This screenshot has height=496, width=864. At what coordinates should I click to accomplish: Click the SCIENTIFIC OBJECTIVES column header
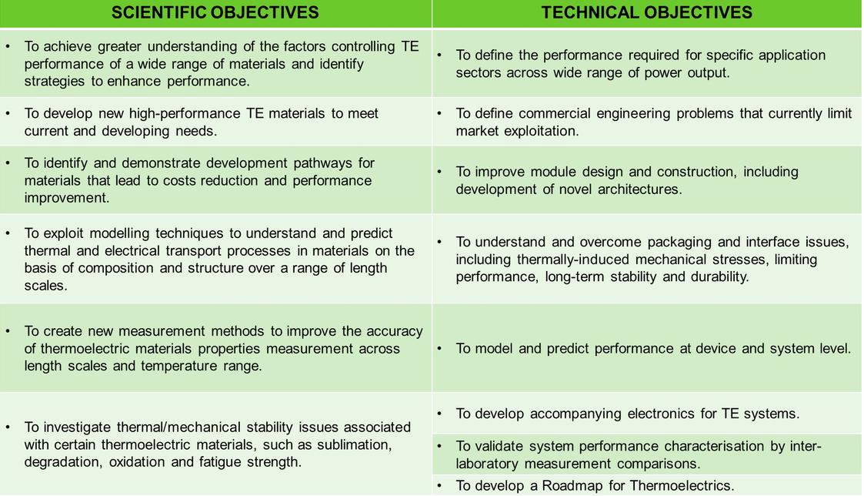[x=215, y=12]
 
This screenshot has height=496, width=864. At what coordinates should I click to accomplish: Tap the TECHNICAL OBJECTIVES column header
[x=647, y=12]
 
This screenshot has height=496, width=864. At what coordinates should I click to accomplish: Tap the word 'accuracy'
[x=395, y=331]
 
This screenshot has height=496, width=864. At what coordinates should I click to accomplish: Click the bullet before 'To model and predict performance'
[x=439, y=349]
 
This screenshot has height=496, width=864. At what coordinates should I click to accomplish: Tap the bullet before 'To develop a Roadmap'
[x=439, y=485]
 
